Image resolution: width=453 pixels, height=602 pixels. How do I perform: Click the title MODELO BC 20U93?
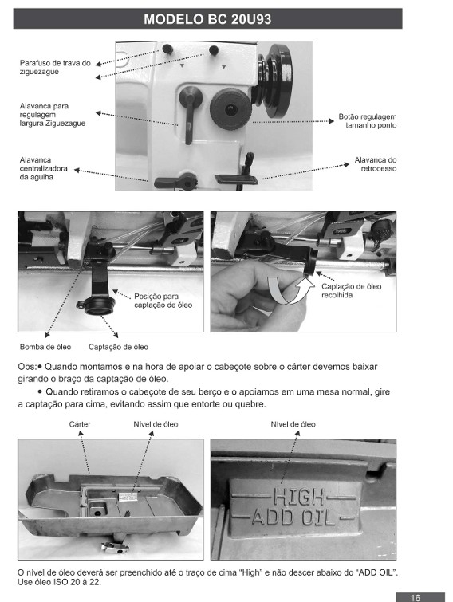207,19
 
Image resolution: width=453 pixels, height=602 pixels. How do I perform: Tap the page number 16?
416,597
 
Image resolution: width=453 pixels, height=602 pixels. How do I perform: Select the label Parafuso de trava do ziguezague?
55,67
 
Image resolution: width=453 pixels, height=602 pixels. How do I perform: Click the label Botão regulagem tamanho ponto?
368,120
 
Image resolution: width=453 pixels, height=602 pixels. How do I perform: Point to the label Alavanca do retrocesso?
376,164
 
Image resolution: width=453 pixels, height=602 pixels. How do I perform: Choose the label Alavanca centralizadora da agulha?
43,168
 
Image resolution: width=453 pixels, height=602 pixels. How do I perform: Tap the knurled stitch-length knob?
230,108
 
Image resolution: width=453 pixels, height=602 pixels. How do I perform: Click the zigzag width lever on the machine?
190,114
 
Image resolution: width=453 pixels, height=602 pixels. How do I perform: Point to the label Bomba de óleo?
45,347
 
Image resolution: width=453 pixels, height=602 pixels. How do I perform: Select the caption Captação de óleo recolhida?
351,290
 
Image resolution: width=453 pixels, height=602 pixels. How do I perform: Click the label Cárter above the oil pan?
80,424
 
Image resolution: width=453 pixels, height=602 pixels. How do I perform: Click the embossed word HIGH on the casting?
298,497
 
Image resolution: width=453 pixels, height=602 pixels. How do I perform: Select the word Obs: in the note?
27,367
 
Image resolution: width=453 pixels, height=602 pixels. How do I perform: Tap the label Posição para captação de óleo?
163,301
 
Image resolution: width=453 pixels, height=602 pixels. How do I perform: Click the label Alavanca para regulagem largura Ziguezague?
53,114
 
